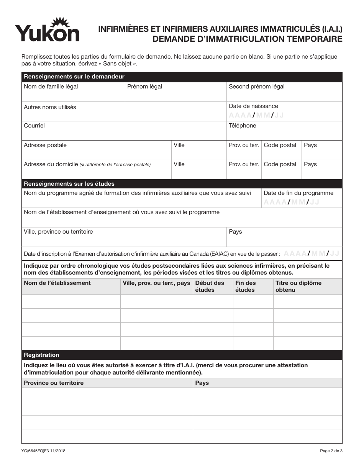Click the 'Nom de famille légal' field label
pos(51,87)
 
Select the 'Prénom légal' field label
pos(144,87)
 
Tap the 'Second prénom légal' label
pos(256,87)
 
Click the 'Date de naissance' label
pos(253,106)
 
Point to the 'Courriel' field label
pos(34,126)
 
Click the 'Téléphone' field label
pos(242,126)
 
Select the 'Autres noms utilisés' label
pos(50,107)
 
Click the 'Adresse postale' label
pos(45,145)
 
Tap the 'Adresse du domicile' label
pos(51,164)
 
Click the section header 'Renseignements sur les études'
pos(69,184)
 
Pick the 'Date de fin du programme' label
pos(298,193)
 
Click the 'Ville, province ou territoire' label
pos(58,232)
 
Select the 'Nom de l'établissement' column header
pos(57,283)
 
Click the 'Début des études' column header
pos(210,286)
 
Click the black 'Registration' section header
pos(41,355)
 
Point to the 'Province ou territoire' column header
pos(54,383)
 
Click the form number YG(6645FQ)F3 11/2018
pos(43,451)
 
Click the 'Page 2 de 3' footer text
pos(331,451)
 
